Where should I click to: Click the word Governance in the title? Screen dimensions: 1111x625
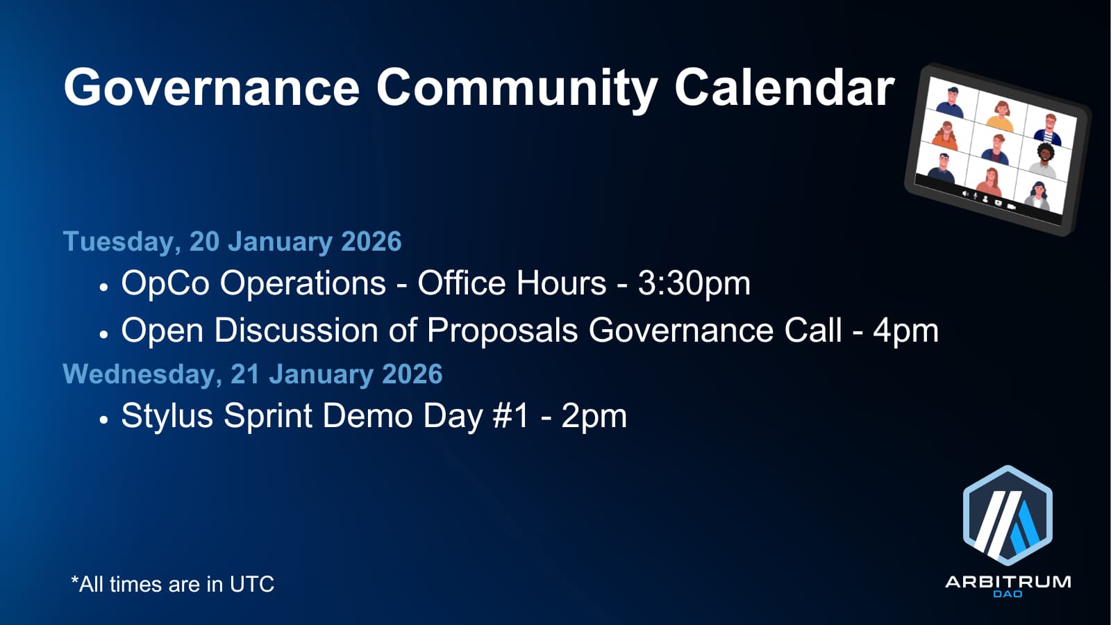tap(211, 87)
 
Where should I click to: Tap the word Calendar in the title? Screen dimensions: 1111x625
tap(784, 87)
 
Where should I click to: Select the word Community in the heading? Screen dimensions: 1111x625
tap(517, 90)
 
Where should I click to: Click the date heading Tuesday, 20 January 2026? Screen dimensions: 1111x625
tap(232, 242)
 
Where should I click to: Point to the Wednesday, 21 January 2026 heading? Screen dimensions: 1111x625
tap(253, 374)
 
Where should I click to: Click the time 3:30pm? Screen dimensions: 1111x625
tap(694, 284)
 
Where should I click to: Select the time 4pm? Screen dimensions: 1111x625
tap(905, 331)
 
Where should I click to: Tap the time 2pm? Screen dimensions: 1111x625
tap(594, 417)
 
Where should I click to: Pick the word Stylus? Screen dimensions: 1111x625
tap(167, 417)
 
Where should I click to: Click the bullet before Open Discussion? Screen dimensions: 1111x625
tap(103, 334)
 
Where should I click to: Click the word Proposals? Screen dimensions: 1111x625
tap(502, 331)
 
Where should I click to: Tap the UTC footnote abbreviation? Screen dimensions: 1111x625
tap(252, 584)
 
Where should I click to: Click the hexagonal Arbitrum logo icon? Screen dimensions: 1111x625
tap(1008, 515)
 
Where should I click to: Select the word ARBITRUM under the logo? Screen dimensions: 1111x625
tap(1008, 582)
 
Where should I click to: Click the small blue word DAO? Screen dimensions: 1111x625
tap(1008, 594)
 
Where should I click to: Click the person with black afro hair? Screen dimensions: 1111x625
tap(1044, 160)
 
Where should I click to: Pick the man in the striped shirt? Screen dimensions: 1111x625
tap(1049, 129)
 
